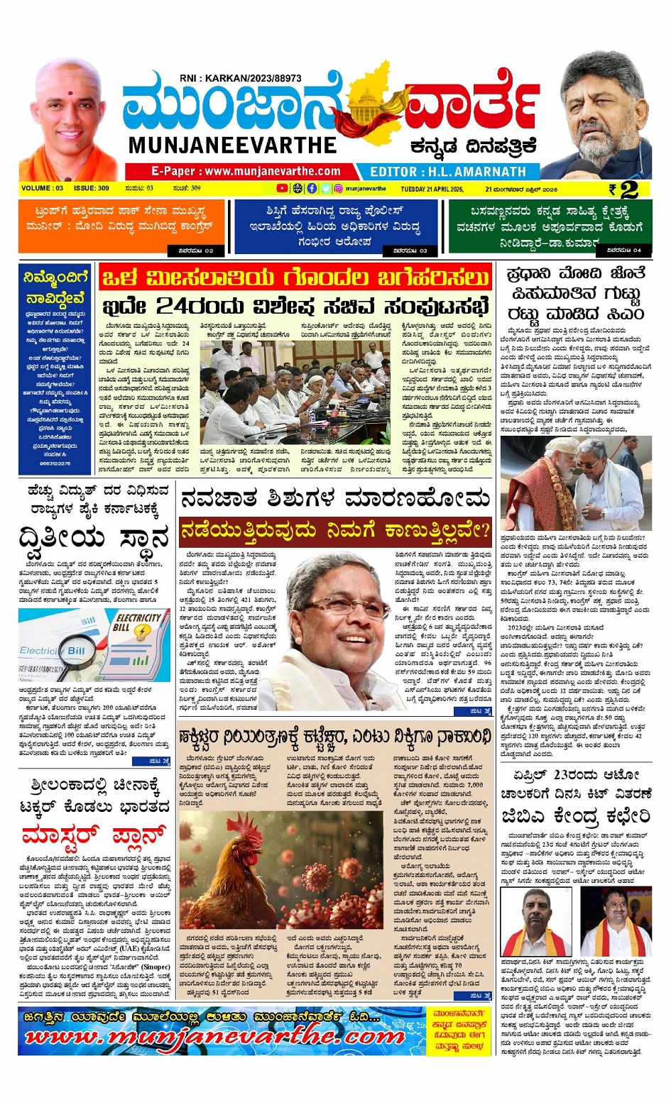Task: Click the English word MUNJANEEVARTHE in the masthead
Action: tap(232, 145)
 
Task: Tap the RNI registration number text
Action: tap(241, 78)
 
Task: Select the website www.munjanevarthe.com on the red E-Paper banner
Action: tap(272, 171)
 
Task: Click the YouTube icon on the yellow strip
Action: tap(282, 189)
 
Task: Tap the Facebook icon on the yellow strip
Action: tap(312, 189)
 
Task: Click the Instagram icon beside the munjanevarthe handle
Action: tap(339, 189)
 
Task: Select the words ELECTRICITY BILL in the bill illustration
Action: tap(138, 622)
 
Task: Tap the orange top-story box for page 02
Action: tap(121, 226)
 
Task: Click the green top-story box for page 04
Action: tap(550, 226)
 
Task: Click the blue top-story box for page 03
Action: tap(335, 226)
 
